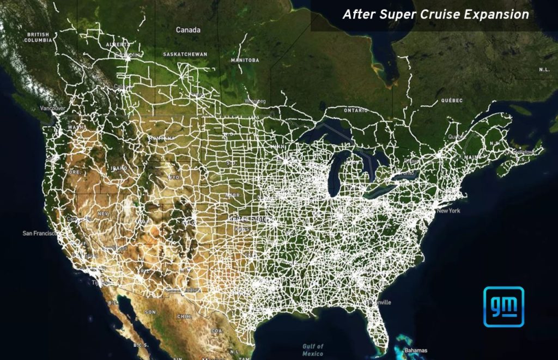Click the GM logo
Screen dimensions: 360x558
tap(504, 307)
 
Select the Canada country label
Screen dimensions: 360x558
tap(188, 30)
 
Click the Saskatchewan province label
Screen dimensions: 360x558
tap(185, 54)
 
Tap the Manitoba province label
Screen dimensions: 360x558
tap(244, 59)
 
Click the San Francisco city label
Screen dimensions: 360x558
tap(39, 233)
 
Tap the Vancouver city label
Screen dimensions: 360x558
tap(52, 108)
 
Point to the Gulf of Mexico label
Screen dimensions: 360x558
tap(313, 350)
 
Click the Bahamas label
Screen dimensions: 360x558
tap(416, 350)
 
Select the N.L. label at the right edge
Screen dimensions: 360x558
tap(544, 70)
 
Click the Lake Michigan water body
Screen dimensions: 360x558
tap(334, 174)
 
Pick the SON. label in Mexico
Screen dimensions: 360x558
tap(150, 312)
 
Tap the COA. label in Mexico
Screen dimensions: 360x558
tap(217, 330)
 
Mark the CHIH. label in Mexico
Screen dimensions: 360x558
tap(183, 316)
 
